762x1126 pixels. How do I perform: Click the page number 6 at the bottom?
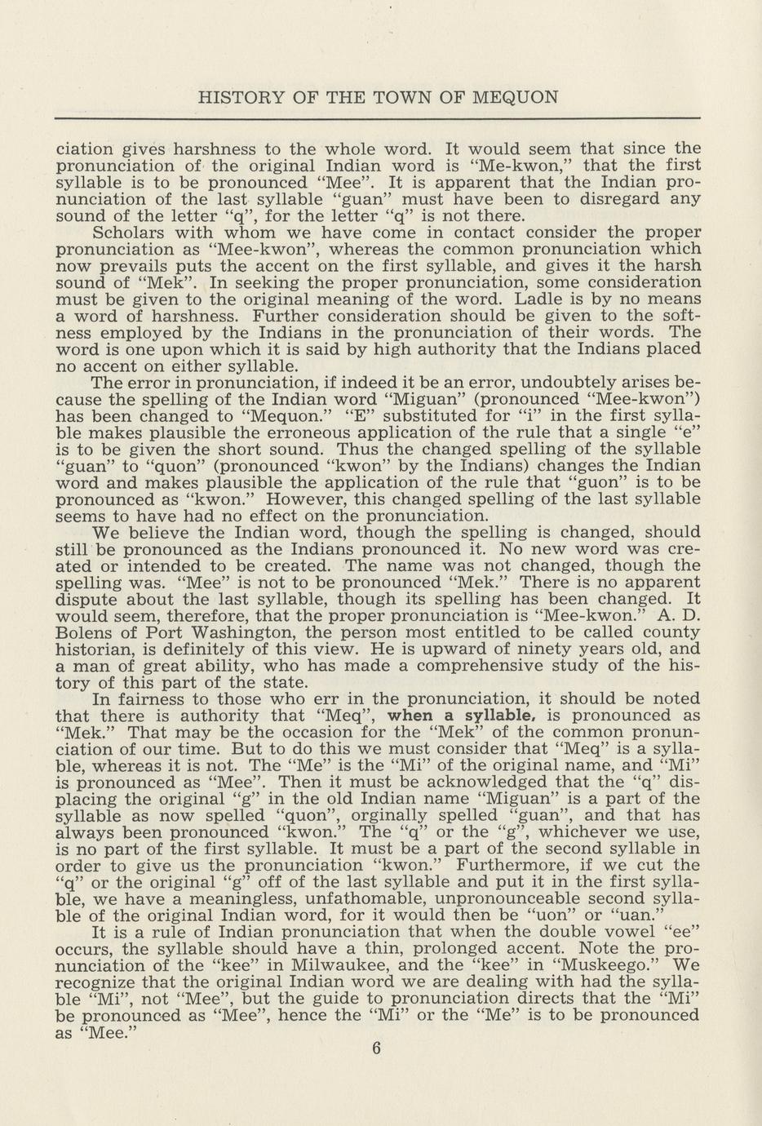point(376,1050)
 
